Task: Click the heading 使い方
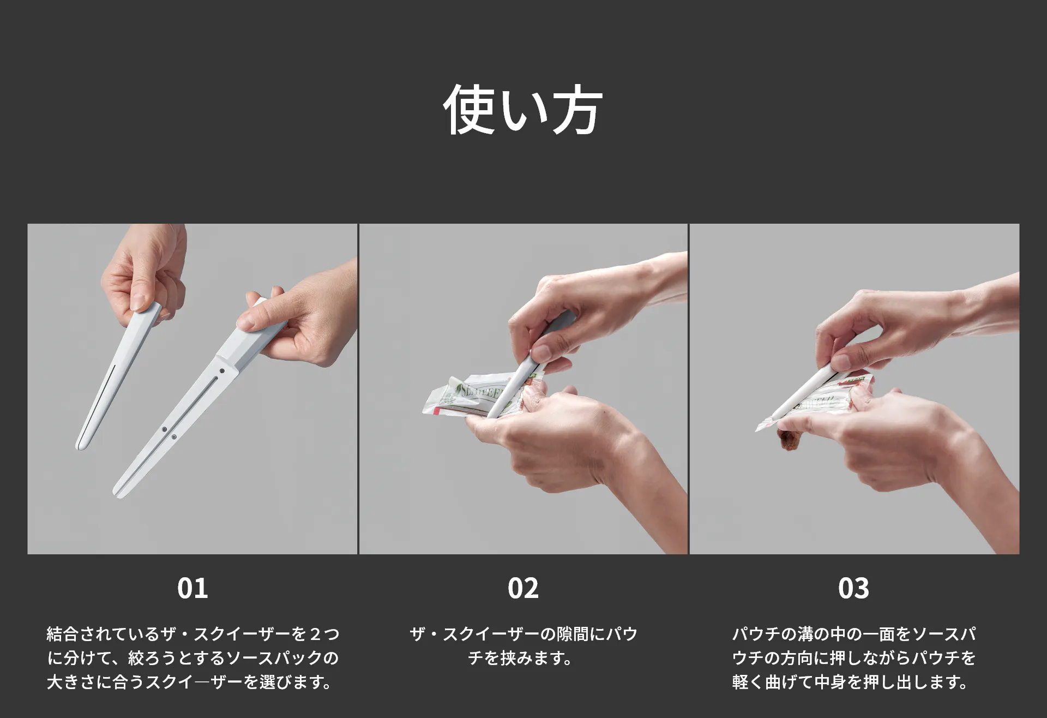pyautogui.click(x=522, y=110)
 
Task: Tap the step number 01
pyautogui.click(x=192, y=588)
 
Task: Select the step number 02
pyautogui.click(x=523, y=588)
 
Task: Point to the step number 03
pyautogui.click(x=853, y=588)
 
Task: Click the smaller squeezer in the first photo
pyautogui.click(x=117, y=376)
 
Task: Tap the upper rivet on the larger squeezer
pyautogui.click(x=222, y=371)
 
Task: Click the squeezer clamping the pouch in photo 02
pyautogui.click(x=523, y=371)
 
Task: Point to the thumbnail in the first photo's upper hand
pyautogui.click(x=137, y=303)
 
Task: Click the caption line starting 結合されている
pyautogui.click(x=193, y=634)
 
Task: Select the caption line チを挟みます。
pyautogui.click(x=520, y=658)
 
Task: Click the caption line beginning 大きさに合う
pyautogui.click(x=190, y=682)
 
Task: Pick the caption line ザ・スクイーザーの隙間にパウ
pyautogui.click(x=523, y=634)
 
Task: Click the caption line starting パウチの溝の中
pyautogui.click(x=854, y=634)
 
